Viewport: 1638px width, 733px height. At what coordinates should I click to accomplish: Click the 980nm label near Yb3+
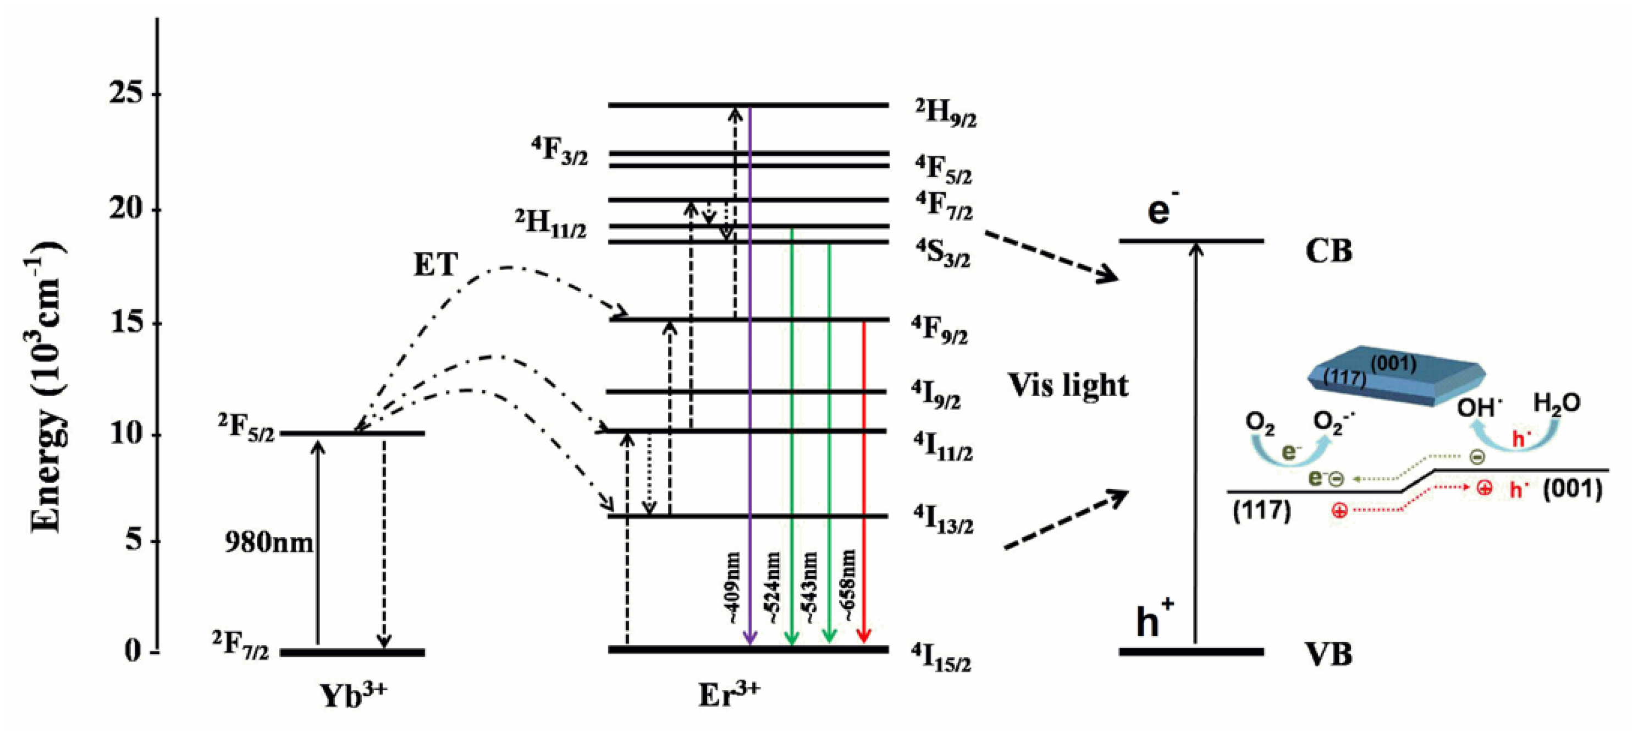(x=268, y=543)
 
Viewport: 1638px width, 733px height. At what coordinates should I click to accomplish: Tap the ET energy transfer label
(x=435, y=265)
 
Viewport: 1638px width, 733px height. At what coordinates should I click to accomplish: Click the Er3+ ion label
(x=728, y=694)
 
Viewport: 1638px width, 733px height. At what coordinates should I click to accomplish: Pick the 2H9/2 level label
(x=946, y=114)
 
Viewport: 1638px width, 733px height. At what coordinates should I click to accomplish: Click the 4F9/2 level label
(x=940, y=331)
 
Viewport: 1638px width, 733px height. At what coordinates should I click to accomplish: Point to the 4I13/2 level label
(x=943, y=520)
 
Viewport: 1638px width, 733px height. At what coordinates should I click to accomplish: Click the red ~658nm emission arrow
(x=863, y=484)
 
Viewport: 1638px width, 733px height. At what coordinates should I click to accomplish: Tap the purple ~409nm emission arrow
(x=751, y=382)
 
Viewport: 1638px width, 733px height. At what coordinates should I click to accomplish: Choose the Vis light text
(x=1068, y=386)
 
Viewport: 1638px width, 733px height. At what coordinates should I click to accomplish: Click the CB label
(x=1328, y=251)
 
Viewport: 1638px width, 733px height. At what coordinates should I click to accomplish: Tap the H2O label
(x=1557, y=404)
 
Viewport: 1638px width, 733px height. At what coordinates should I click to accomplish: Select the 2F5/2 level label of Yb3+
(x=246, y=428)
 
